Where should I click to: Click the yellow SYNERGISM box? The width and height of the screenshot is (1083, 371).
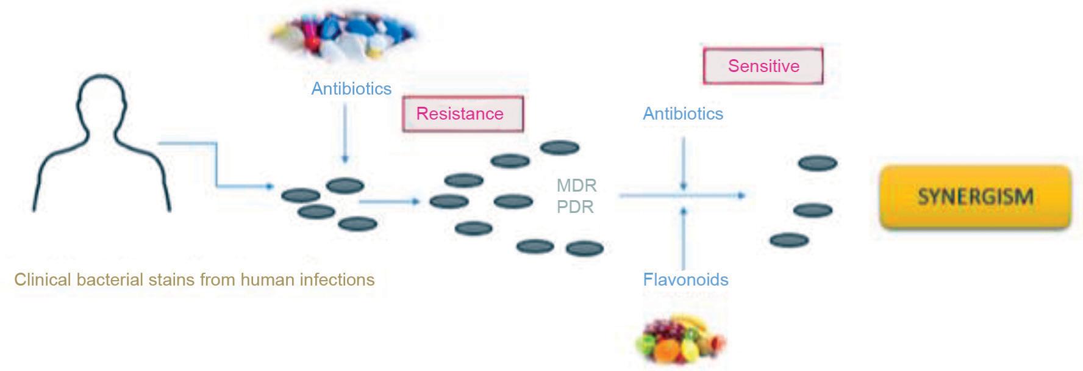974,196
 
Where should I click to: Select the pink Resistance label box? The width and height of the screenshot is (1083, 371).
462,114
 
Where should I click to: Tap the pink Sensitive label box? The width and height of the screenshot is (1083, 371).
763,66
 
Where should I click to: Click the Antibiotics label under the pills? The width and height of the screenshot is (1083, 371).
351,89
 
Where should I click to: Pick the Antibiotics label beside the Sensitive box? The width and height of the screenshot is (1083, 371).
683,114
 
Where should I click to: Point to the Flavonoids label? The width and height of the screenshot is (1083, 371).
685,280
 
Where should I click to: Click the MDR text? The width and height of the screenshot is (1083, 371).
576,185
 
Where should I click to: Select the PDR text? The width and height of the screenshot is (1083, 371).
575,207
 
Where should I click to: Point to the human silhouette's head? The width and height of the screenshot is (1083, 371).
101,101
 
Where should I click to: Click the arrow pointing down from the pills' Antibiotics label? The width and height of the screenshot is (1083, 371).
345,134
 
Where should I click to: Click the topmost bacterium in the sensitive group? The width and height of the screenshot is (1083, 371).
818,164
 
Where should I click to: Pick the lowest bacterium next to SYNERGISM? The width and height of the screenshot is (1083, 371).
789,240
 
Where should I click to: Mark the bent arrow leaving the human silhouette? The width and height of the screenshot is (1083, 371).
216,165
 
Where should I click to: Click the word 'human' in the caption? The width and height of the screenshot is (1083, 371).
265,280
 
